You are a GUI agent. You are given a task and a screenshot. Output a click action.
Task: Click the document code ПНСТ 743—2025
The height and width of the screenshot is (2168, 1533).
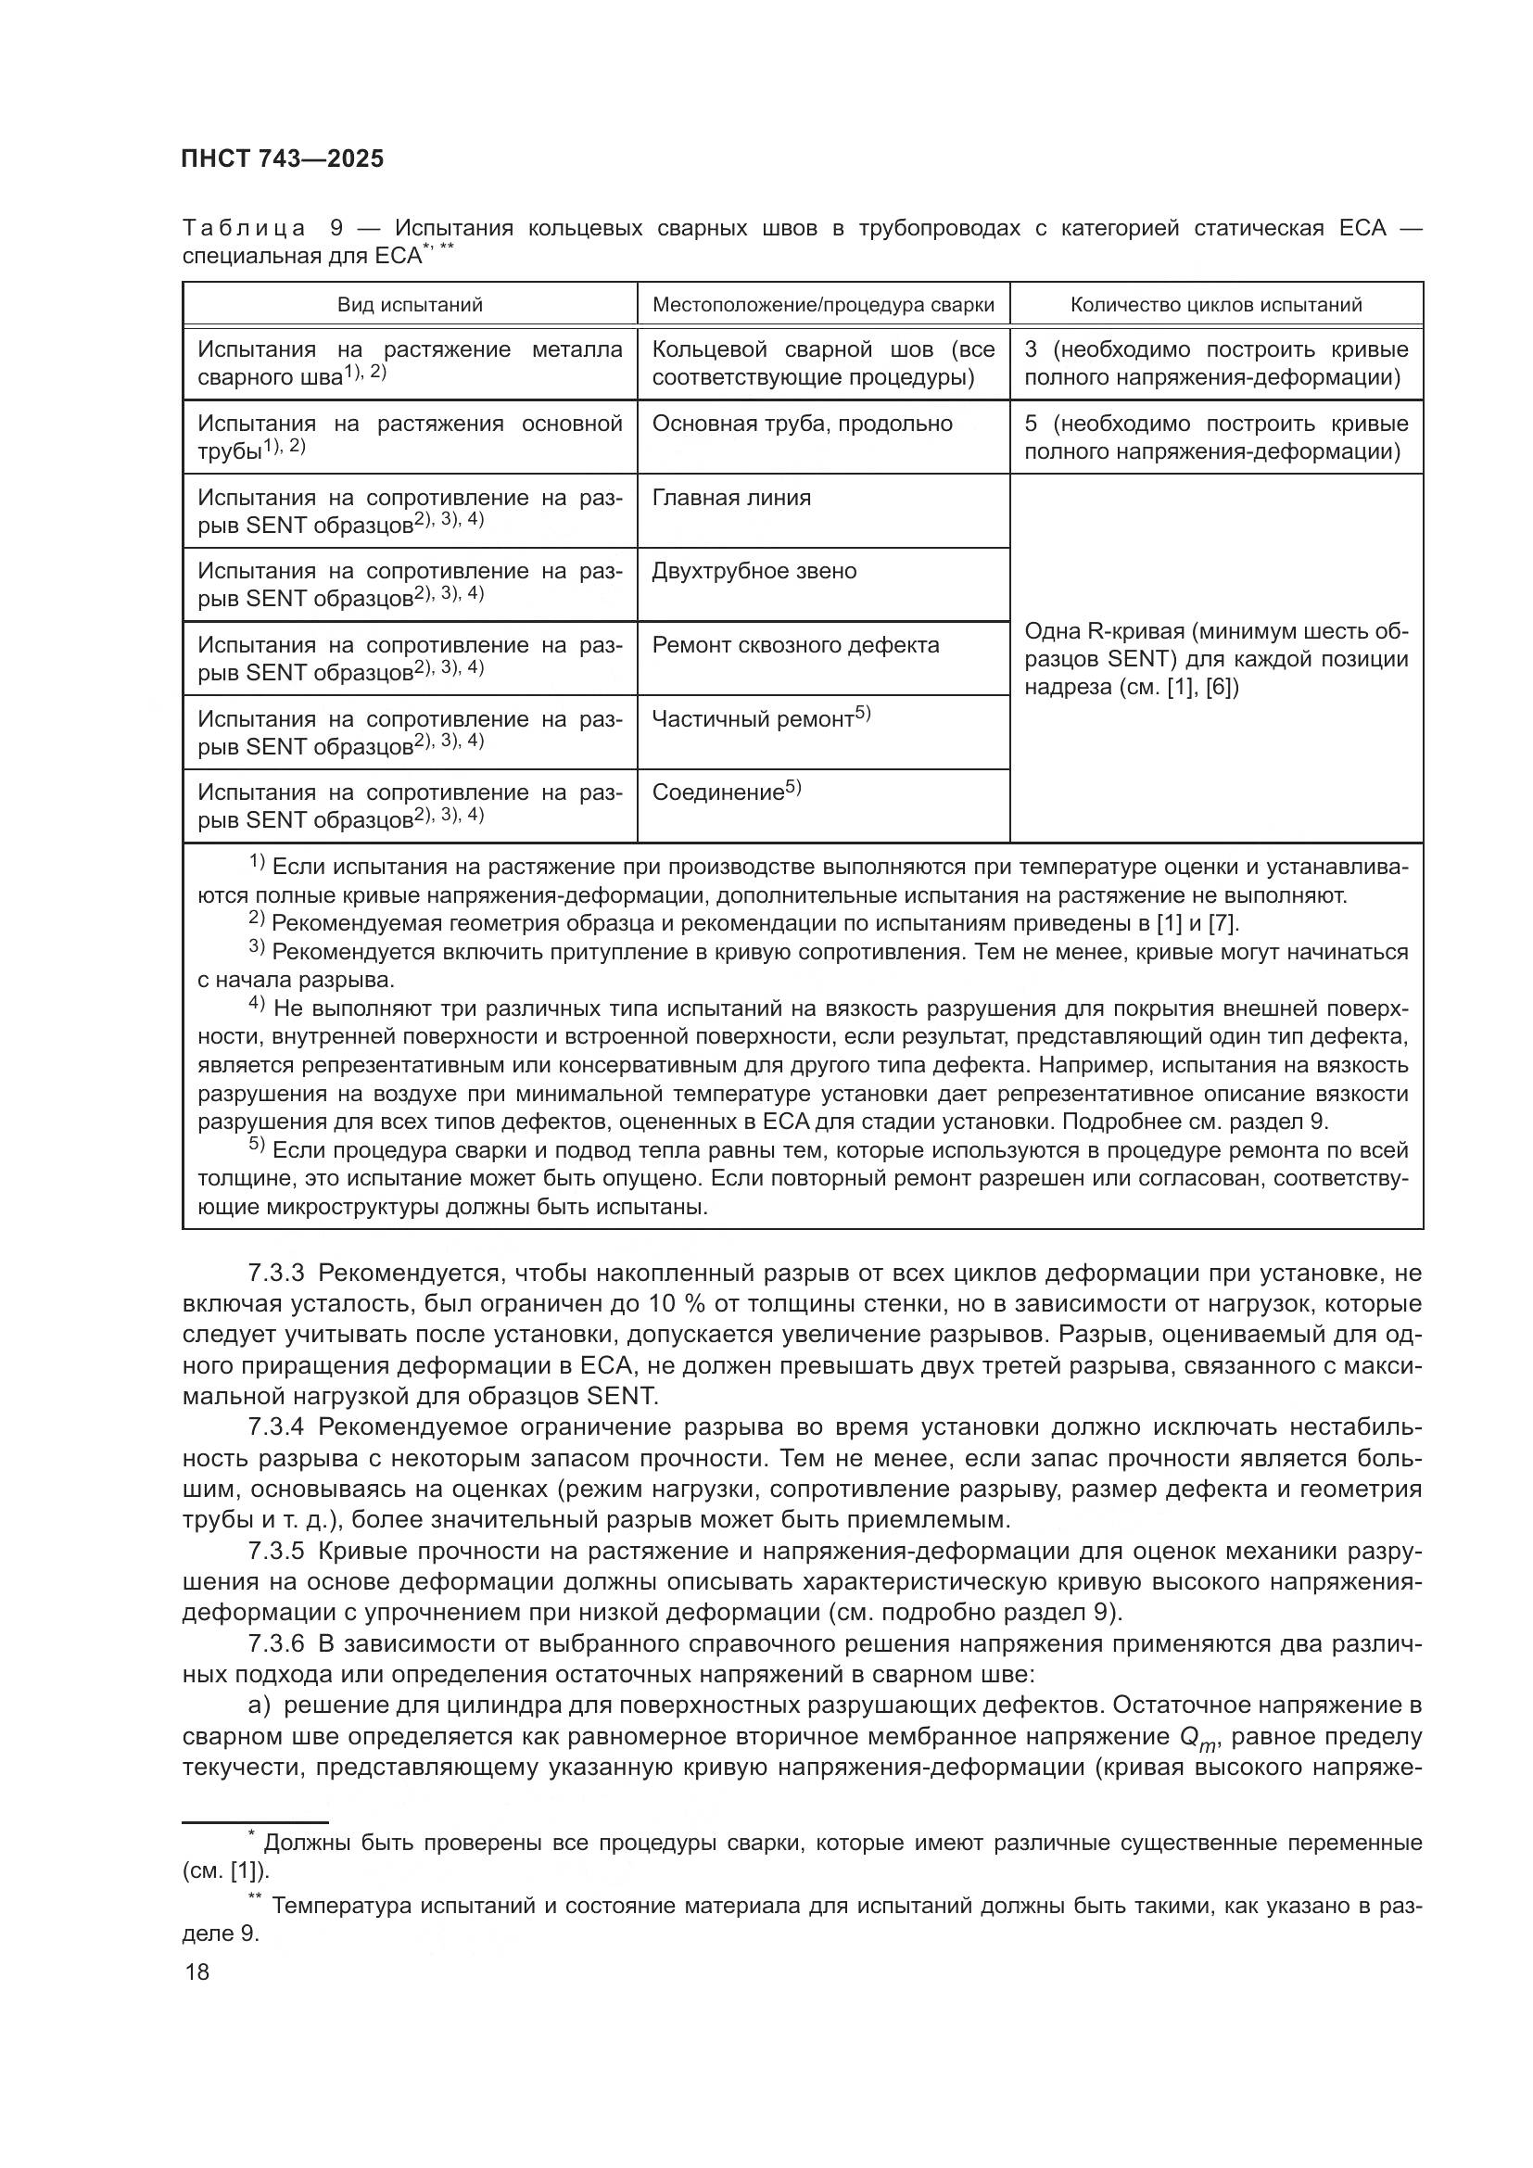283,158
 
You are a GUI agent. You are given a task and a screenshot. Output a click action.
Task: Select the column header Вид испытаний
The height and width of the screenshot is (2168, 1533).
410,305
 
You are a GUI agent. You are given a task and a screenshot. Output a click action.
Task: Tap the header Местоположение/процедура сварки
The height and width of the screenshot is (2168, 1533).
823,305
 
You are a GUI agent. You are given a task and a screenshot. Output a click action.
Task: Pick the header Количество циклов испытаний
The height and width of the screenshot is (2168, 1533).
1216,305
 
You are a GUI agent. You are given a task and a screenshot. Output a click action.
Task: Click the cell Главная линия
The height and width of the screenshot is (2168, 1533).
731,498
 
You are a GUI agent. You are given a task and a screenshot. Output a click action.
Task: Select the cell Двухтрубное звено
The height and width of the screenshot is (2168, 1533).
754,571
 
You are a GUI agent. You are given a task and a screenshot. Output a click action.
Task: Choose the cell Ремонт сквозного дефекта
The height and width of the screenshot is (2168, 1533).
796,645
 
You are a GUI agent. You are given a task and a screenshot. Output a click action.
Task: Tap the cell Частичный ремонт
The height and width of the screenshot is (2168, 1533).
753,719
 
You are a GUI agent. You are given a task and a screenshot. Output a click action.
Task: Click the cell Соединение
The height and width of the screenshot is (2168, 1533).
718,793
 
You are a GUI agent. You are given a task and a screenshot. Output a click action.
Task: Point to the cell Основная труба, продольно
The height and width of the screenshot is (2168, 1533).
803,424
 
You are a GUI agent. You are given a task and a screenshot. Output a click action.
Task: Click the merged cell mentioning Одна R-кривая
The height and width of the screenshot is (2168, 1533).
1216,659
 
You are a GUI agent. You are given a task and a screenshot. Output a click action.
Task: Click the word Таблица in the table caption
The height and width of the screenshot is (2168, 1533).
244,229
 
